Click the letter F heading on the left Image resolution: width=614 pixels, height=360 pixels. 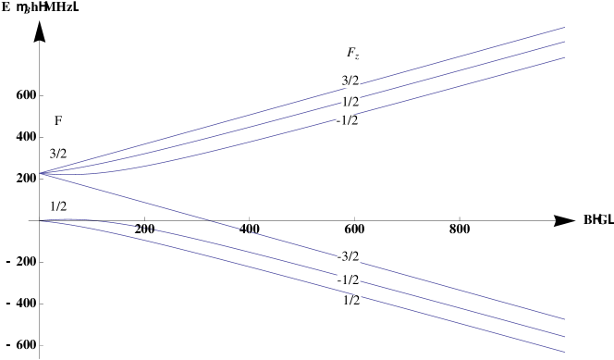tap(58, 121)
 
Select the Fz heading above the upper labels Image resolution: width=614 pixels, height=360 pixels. tap(352, 54)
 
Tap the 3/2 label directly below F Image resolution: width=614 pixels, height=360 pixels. tap(58, 155)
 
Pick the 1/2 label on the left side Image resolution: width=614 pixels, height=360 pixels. tap(58, 206)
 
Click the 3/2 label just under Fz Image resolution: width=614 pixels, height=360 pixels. tap(350, 81)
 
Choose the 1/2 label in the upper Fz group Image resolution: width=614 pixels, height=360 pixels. tap(350, 102)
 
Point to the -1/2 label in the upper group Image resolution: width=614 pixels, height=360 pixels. tap(348, 121)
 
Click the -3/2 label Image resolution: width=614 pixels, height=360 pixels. tap(348, 256)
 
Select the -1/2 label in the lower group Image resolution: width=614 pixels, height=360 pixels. tap(348, 280)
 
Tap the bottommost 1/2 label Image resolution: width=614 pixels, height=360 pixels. tap(351, 301)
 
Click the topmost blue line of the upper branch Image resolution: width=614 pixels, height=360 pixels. tap(462, 55)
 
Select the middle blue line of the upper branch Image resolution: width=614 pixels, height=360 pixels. tap(462, 69)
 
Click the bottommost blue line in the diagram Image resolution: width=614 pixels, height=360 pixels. tap(462, 329)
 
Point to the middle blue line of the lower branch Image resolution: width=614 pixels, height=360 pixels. tap(462, 312)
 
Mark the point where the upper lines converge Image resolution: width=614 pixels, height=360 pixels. tap(41, 173)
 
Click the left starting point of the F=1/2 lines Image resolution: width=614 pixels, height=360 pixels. tap(41, 220)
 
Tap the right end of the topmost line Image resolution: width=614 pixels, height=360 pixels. tap(564, 27)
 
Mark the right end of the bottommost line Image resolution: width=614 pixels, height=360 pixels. tap(564, 352)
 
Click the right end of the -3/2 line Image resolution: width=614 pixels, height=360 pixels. tap(564, 319)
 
